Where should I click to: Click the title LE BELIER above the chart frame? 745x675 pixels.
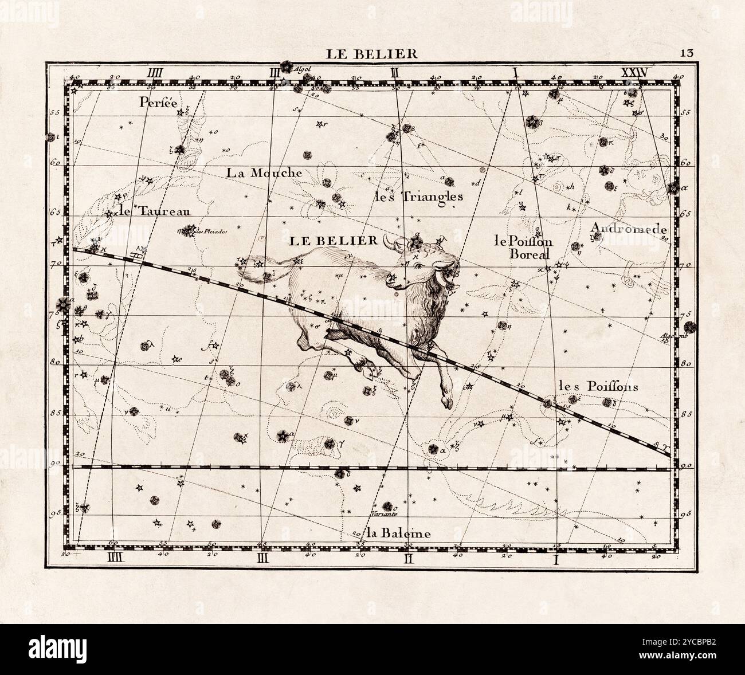(372, 54)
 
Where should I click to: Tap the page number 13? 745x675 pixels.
(687, 53)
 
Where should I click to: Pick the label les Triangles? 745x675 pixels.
(418, 197)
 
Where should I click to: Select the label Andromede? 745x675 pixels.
(629, 229)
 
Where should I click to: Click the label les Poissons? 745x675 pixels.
(598, 386)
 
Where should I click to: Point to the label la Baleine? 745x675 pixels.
(399, 533)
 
